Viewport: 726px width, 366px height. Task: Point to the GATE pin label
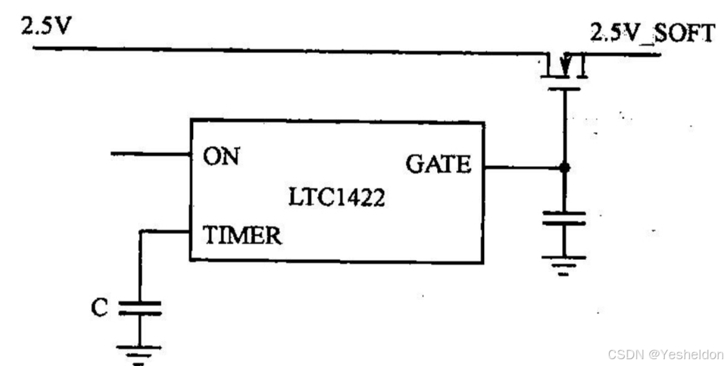coord(438,165)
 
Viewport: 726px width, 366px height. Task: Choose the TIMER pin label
coord(242,236)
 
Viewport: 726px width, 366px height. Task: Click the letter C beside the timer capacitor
coord(99,308)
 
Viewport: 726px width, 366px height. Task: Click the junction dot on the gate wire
coord(564,167)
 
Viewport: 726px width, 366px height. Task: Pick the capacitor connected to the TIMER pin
coord(140,308)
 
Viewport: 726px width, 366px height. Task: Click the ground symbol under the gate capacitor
coord(564,264)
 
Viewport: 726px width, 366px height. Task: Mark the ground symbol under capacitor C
coord(140,352)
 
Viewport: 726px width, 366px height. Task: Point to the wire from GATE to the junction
coord(523,167)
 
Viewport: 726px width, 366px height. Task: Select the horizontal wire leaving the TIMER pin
coord(165,231)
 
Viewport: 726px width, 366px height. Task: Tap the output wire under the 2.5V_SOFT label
coord(625,54)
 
